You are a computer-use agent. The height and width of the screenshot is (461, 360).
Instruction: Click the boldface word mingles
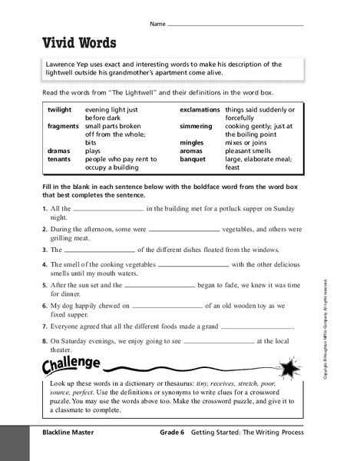pos(193,143)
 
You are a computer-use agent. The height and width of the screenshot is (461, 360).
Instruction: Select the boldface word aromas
pos(192,151)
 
